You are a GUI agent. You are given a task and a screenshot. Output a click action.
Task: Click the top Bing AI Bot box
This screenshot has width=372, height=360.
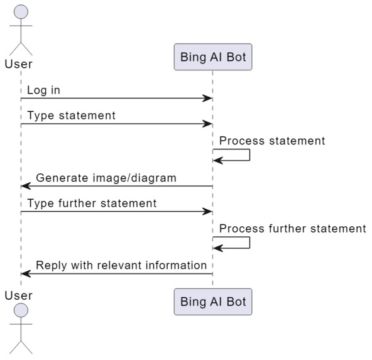pyautogui.click(x=212, y=58)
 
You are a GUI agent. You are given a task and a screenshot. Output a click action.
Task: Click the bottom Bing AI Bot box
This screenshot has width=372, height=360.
pyautogui.click(x=212, y=302)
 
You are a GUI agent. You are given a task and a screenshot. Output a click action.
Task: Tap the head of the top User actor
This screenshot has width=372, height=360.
pyautogui.click(x=21, y=13)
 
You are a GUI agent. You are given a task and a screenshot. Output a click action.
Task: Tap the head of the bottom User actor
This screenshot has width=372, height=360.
pyautogui.click(x=21, y=311)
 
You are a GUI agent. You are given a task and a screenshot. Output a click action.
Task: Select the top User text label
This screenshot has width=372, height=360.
pyautogui.click(x=18, y=64)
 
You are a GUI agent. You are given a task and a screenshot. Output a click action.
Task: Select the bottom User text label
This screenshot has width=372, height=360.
pyautogui.click(x=18, y=295)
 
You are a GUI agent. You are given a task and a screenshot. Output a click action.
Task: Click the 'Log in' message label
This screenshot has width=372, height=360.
pyautogui.click(x=43, y=90)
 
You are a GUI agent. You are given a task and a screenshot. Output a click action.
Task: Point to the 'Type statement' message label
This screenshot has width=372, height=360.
pyautogui.click(x=71, y=116)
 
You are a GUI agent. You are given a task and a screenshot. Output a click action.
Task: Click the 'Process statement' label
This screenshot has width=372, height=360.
pyautogui.click(x=272, y=141)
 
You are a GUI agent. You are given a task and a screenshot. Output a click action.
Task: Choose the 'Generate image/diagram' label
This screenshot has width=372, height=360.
pyautogui.click(x=106, y=178)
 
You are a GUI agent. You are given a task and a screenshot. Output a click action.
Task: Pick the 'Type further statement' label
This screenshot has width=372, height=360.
pyautogui.click(x=92, y=203)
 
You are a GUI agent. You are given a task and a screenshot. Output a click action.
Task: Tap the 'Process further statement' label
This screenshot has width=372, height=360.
pyautogui.click(x=292, y=228)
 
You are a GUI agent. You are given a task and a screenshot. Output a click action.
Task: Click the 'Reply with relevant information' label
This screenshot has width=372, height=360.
pyautogui.click(x=121, y=265)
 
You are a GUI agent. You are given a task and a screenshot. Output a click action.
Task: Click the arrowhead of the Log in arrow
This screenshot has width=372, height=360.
pyautogui.click(x=207, y=99)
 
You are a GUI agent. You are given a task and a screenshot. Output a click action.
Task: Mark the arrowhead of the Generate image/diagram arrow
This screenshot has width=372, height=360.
pyautogui.click(x=26, y=187)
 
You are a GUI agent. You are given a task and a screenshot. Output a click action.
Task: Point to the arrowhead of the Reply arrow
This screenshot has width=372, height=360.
pyautogui.click(x=26, y=274)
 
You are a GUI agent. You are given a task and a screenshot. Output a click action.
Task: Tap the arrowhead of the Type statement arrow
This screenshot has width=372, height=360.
pyautogui.click(x=207, y=124)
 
